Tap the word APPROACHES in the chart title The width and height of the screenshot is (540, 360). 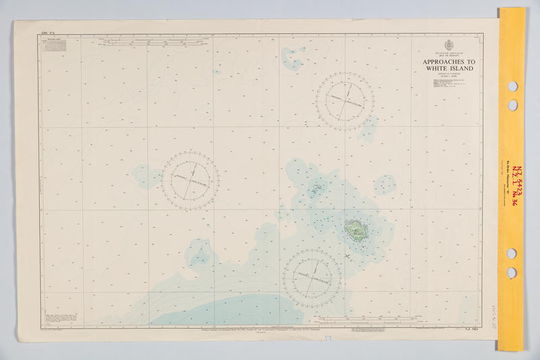(x=449, y=61)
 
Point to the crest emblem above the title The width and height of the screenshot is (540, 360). (x=449, y=46)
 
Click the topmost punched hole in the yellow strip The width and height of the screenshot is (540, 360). (x=512, y=86)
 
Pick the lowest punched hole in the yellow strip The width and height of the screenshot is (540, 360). (x=512, y=272)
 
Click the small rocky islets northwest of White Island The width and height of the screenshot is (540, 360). (x=315, y=188)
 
